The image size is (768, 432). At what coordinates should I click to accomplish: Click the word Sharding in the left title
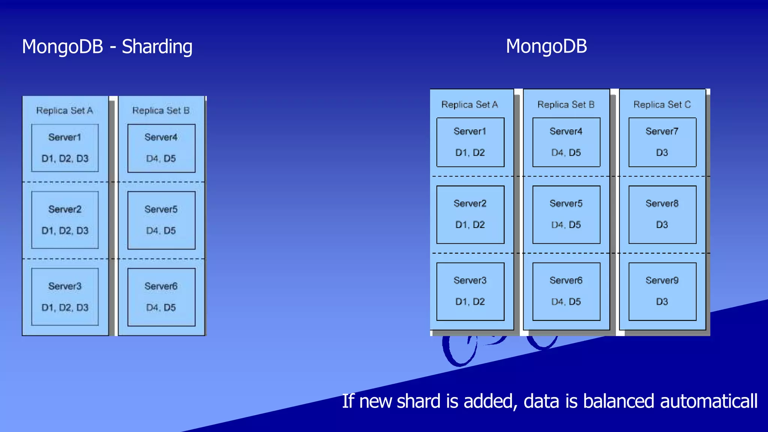coord(157,47)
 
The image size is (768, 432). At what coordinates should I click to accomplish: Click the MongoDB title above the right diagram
coord(546,46)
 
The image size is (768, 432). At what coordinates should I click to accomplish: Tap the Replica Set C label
coord(662,105)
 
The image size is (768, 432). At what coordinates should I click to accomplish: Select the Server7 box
coord(662,142)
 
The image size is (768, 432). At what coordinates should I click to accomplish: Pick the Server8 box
coord(662,214)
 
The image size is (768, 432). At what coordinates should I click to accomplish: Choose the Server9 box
coord(662,291)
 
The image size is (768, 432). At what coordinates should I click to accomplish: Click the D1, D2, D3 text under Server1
coord(65,159)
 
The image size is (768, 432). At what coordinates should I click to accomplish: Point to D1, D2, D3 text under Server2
coord(65,231)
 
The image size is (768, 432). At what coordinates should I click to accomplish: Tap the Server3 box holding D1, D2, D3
coord(65,297)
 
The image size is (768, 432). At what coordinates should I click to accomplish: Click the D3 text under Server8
coord(662,225)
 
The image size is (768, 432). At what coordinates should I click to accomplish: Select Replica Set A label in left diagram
coord(64,111)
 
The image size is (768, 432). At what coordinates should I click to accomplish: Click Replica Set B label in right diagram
coord(566,105)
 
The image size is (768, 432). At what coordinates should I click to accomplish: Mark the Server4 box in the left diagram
coord(161,148)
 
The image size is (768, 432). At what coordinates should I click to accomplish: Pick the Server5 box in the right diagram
coord(566,214)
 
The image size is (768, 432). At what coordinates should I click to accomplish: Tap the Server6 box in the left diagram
coord(161,297)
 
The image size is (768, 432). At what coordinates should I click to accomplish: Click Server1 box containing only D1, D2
coord(470,142)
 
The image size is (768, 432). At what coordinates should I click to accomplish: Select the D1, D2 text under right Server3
coord(470,302)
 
